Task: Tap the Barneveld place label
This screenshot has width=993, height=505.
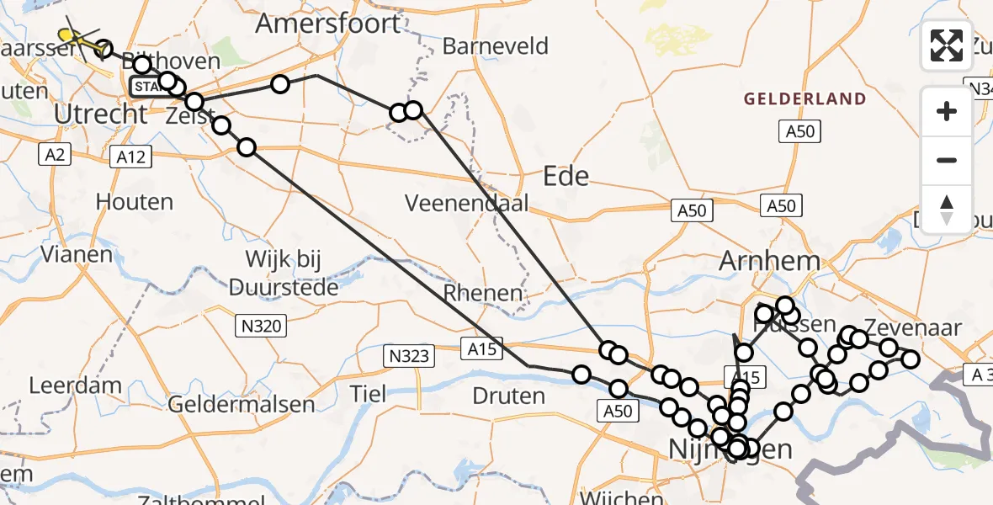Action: [x=495, y=46]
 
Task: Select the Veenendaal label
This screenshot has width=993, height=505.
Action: [x=466, y=203]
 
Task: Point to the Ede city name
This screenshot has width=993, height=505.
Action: [x=566, y=176]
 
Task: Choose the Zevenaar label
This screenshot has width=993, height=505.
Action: [x=912, y=328]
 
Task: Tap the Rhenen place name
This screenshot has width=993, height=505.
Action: [x=483, y=293]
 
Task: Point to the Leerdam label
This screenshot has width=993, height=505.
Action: [x=65, y=385]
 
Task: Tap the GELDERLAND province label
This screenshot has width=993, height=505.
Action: [x=804, y=99]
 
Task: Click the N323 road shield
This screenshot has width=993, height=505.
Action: [x=410, y=356]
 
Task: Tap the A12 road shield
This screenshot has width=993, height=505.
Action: [x=131, y=156]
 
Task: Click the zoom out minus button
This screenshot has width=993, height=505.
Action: [x=947, y=160]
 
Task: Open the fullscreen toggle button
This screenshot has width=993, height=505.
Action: [x=947, y=45]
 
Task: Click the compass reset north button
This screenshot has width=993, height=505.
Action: [x=947, y=209]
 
